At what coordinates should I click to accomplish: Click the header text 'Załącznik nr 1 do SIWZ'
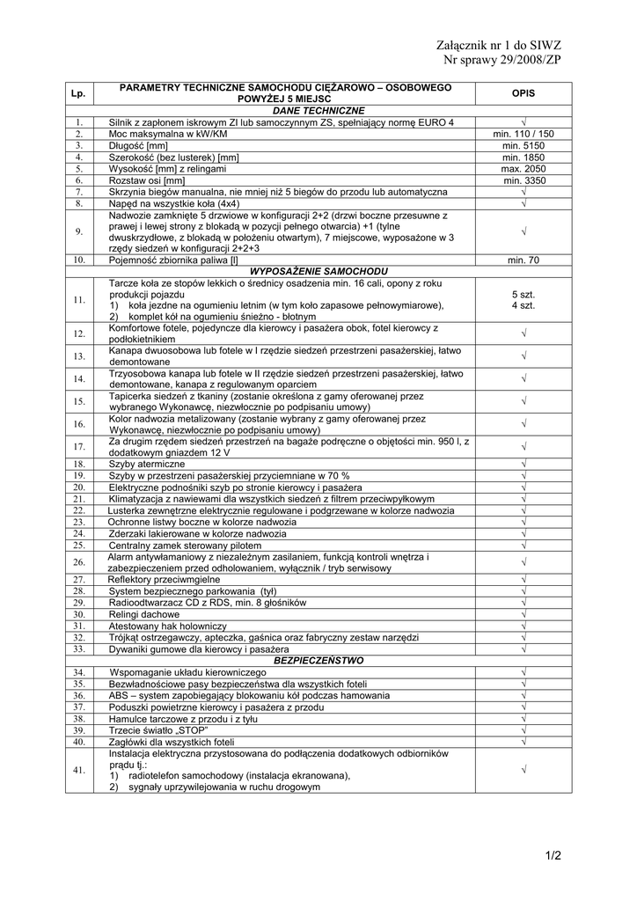498,45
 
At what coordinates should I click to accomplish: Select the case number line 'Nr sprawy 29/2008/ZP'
502,60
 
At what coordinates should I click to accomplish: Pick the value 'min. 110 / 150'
524,134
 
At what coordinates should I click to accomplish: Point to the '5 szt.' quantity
524,294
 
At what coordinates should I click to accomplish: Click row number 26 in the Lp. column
78,562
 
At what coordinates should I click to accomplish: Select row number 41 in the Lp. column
78,770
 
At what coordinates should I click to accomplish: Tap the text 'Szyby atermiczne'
147,464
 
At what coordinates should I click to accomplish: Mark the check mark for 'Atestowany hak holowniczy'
524,626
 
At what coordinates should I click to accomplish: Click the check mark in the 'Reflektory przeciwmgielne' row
524,579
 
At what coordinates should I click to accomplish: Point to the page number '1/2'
553,854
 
